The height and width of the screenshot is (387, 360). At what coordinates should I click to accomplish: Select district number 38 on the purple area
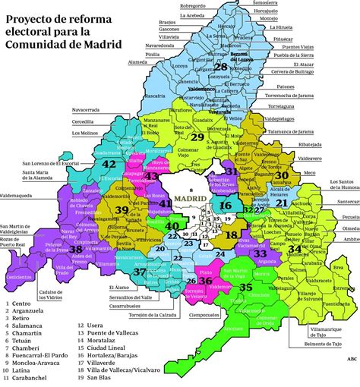76,248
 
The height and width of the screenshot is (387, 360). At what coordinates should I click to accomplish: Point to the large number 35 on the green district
245,288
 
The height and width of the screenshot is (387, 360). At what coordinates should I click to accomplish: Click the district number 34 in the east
295,248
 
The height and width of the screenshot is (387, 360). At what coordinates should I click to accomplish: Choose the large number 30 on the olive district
282,175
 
